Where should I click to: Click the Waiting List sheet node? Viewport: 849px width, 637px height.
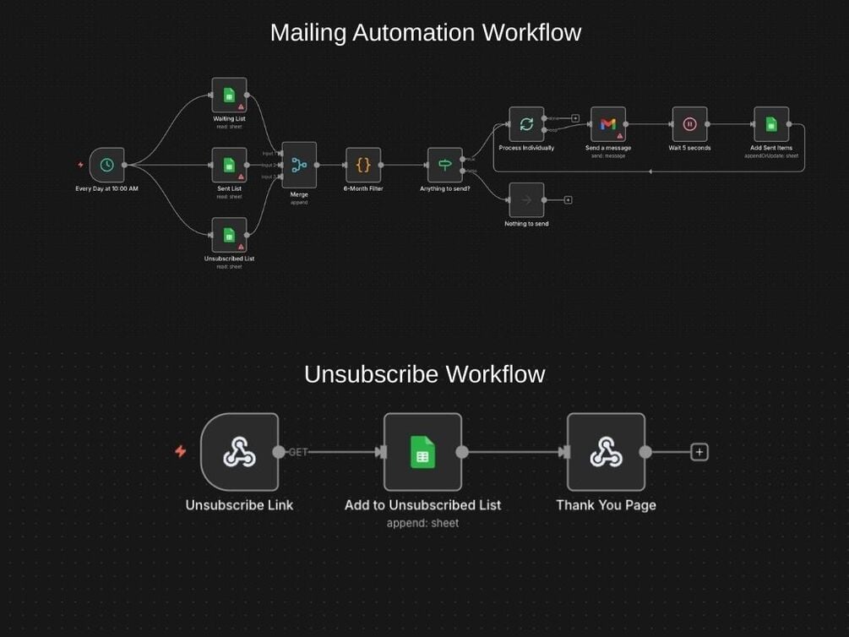pyautogui.click(x=229, y=95)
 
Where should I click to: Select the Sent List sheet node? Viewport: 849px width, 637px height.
pyautogui.click(x=229, y=165)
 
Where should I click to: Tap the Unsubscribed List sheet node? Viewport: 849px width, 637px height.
pyautogui.click(x=229, y=235)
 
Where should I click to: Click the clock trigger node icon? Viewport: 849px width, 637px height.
pyautogui.click(x=106, y=165)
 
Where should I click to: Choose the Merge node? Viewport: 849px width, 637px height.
pyautogui.click(x=299, y=165)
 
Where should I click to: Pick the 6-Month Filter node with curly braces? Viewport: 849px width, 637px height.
pyautogui.click(x=363, y=165)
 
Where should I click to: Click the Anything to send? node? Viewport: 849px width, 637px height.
pyautogui.click(x=444, y=165)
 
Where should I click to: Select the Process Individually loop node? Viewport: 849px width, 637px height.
pyautogui.click(x=526, y=124)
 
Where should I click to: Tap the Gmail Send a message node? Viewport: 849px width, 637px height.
pyautogui.click(x=607, y=124)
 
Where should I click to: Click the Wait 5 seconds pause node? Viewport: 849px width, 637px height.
pyautogui.click(x=689, y=124)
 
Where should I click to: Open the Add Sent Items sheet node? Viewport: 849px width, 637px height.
pyautogui.click(x=771, y=124)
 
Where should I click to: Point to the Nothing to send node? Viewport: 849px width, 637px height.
pyautogui.click(x=526, y=200)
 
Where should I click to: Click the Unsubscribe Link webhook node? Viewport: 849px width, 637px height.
pyautogui.click(x=239, y=452)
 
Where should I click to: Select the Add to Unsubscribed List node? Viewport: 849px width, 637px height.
pyautogui.click(x=422, y=452)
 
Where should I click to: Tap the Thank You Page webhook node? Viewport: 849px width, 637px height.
pyautogui.click(x=606, y=452)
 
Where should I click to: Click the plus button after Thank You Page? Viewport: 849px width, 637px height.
pyautogui.click(x=699, y=452)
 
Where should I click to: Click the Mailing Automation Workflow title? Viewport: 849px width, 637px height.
pyautogui.click(x=425, y=33)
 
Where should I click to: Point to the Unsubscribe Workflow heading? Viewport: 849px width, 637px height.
pyautogui.click(x=424, y=374)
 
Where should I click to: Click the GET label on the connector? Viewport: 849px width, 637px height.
pyautogui.click(x=298, y=452)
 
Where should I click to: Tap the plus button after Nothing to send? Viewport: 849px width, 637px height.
pyautogui.click(x=568, y=200)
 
